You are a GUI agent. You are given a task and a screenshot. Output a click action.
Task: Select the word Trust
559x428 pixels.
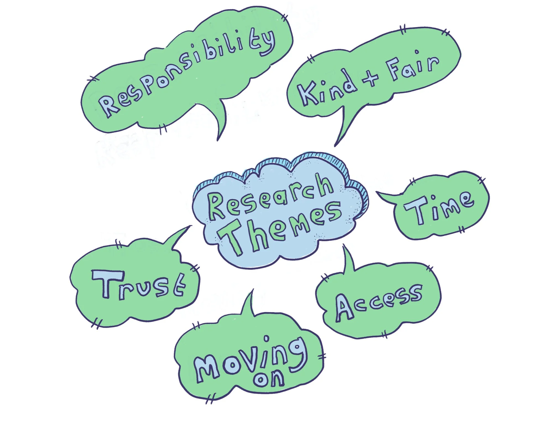[x=138, y=285]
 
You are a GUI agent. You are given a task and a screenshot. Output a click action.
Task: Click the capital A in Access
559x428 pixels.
[x=344, y=308]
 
